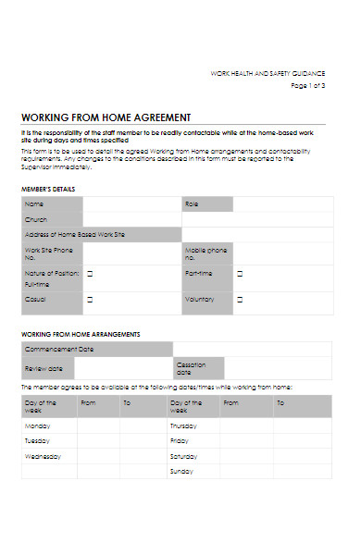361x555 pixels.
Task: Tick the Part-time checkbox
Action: tap(240, 274)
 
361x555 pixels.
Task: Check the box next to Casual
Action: tap(90, 300)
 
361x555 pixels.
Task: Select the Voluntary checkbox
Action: tap(240, 300)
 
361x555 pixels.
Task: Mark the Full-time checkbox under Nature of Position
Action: tap(90, 274)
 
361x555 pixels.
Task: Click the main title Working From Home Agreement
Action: tap(106, 117)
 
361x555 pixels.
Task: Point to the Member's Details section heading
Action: tap(48, 189)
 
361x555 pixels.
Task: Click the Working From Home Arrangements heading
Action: tap(81, 333)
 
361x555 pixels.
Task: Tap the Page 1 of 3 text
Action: tap(308, 85)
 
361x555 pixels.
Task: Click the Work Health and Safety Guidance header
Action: tap(268, 72)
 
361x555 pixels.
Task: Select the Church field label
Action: tap(35, 219)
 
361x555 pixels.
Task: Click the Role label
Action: tap(192, 203)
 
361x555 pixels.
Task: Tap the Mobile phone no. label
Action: tap(205, 253)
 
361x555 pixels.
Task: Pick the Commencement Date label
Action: tap(59, 350)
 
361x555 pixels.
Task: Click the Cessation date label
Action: tap(191, 368)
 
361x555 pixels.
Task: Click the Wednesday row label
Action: tap(43, 456)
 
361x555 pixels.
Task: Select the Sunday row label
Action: tap(181, 471)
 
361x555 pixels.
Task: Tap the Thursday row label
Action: tap(184, 426)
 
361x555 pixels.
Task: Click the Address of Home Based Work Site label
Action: tap(74, 235)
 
